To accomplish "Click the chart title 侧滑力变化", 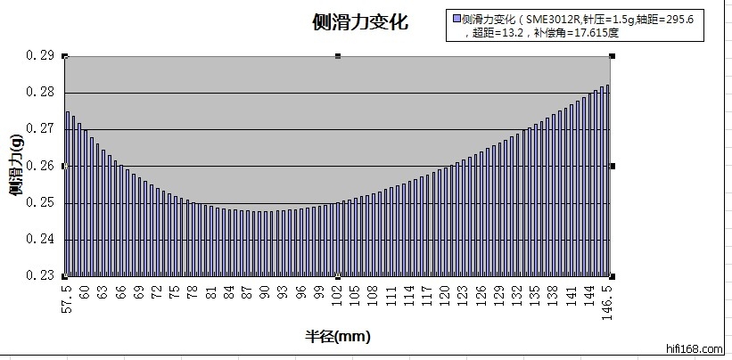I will (360, 22).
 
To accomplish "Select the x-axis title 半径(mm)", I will (337, 337).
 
